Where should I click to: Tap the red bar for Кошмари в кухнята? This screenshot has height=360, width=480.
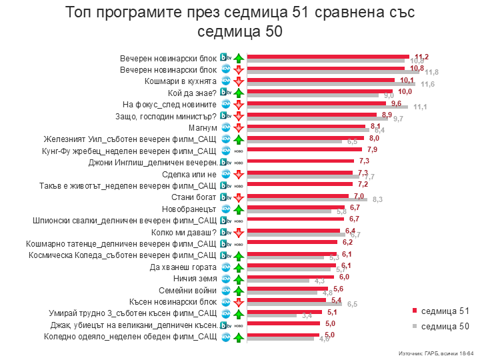click(x=320, y=79)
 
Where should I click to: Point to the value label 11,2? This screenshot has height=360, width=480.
click(x=421, y=57)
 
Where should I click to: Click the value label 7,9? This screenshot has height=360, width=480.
click(x=373, y=149)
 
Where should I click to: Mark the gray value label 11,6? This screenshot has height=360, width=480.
click(x=427, y=84)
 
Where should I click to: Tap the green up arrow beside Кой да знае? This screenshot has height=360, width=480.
click(x=238, y=93)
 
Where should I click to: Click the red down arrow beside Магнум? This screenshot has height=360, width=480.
click(x=238, y=127)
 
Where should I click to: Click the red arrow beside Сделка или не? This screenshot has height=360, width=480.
click(x=238, y=174)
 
